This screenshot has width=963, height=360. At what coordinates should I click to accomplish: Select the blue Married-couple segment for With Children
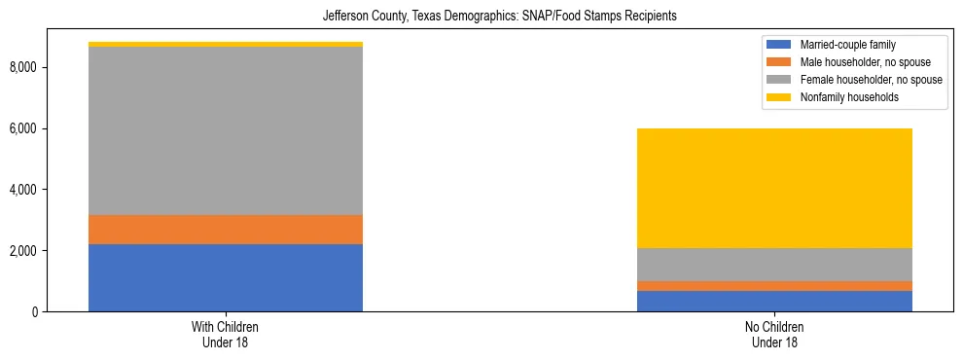(x=226, y=277)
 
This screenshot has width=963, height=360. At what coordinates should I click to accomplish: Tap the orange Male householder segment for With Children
(x=226, y=230)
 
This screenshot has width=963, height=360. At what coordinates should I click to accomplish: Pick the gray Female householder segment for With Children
(x=226, y=130)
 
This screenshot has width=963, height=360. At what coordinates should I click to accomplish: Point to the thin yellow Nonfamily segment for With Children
(x=226, y=44)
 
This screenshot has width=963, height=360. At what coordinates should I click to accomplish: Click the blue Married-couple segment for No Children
(x=774, y=301)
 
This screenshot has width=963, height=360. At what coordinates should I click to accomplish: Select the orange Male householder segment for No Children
(x=774, y=286)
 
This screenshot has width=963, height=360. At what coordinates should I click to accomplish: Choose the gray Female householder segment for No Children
(x=774, y=265)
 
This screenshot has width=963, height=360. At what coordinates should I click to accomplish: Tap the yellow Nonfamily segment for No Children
(x=774, y=188)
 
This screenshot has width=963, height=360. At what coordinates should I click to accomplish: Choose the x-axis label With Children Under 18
(x=226, y=334)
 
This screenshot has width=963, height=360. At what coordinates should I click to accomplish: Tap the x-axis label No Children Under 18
(x=774, y=334)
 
